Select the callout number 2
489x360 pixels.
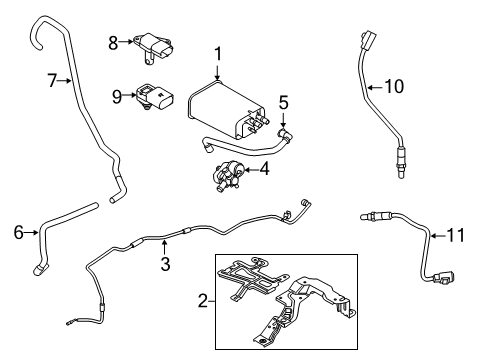point(203,301)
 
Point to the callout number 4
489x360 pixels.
point(264,169)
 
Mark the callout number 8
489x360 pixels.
point(113,41)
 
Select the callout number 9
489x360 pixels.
point(117,96)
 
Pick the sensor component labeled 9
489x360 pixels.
point(155,97)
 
